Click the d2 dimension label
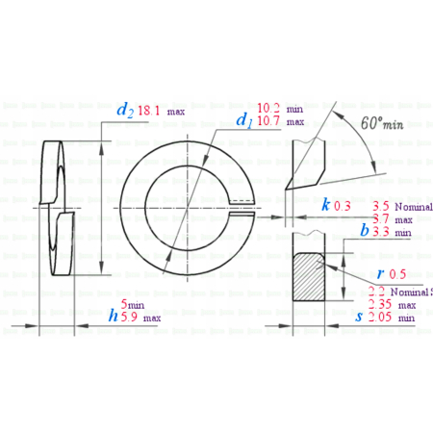[x=124, y=111]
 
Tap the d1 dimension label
[x=244, y=120]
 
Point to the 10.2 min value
[x=268, y=108]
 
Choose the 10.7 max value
[x=268, y=122]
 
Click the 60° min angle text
[x=378, y=124]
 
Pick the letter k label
[x=326, y=205]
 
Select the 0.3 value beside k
[x=343, y=206]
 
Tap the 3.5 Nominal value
[x=380, y=206]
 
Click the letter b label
[x=364, y=231]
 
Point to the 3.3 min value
[x=381, y=232]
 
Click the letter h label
[x=113, y=316]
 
